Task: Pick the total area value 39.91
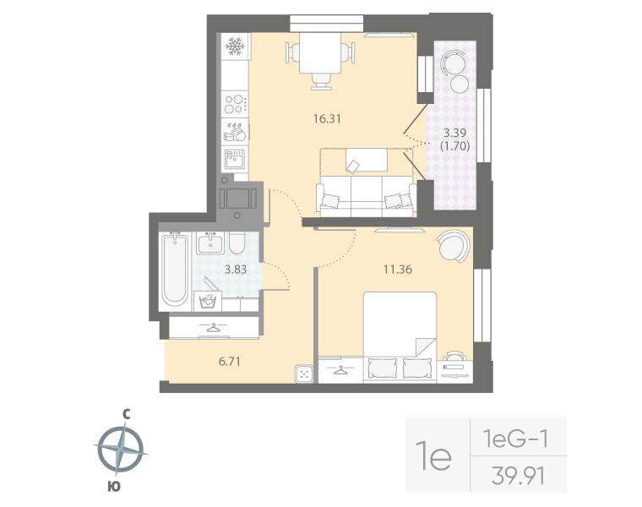pos(517,476)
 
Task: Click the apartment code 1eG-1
pos(516,439)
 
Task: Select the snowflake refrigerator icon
pos(235,46)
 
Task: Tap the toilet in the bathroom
pos(238,246)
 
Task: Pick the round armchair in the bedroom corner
pos(452,248)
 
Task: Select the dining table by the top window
pos(320,55)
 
